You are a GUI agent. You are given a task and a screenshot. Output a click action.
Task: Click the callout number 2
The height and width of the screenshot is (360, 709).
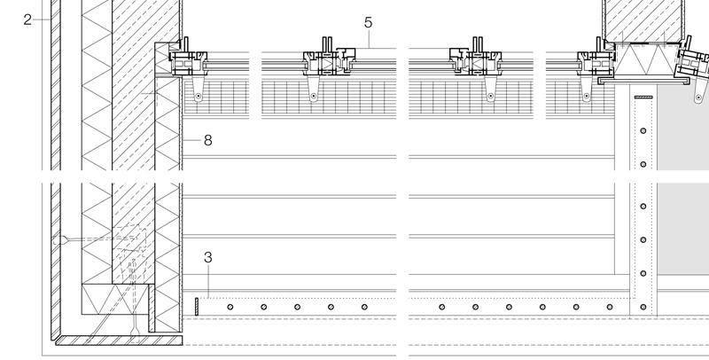point(27,19)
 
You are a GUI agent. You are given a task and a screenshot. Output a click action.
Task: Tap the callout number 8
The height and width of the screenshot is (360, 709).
point(208,139)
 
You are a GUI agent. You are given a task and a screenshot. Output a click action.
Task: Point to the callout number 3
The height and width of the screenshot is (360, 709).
point(207,258)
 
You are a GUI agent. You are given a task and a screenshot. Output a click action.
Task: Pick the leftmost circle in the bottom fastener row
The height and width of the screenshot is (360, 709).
point(230,307)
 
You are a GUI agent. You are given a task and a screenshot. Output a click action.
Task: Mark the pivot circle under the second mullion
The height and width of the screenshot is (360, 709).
point(313,95)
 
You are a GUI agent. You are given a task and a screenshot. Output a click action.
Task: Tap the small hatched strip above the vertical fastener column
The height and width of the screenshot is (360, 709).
point(643,96)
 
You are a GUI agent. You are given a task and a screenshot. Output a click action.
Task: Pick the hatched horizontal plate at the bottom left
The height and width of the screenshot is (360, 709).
point(115,338)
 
